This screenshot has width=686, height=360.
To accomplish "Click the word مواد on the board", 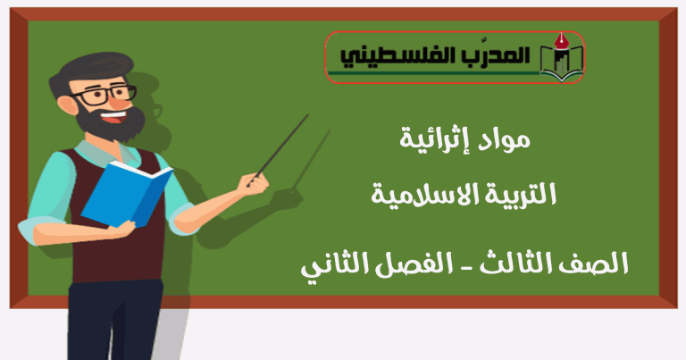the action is click(x=503, y=140).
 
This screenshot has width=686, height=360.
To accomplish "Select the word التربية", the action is click(x=526, y=194).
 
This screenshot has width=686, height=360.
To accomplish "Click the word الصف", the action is click(x=603, y=263).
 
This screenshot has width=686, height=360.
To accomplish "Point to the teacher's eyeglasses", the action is click(x=105, y=95).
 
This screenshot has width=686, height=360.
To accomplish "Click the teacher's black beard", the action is click(x=111, y=123).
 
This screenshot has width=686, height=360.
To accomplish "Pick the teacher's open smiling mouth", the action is click(x=114, y=117).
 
